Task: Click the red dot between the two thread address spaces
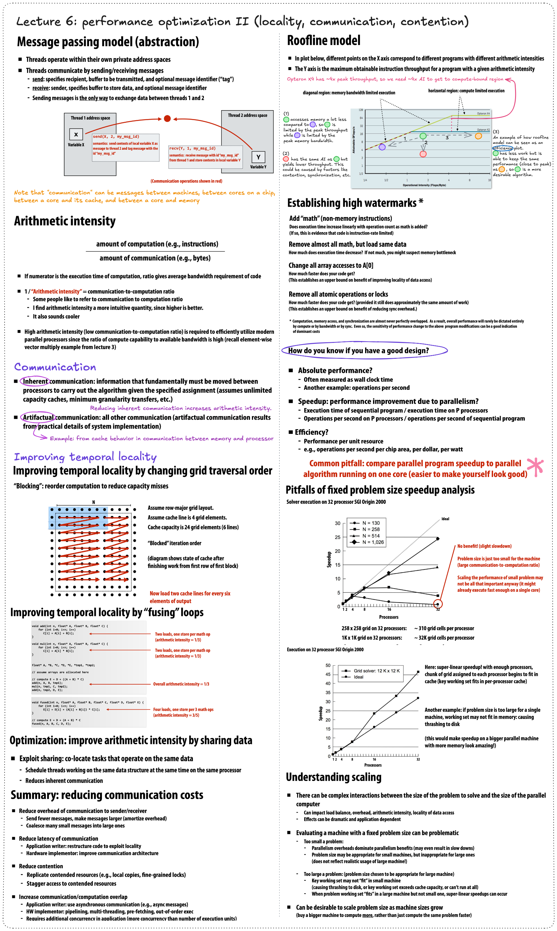click(x=167, y=118)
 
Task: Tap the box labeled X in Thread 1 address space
click(x=76, y=134)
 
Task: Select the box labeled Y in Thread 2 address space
click(x=258, y=157)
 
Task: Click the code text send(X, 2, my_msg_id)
click(x=116, y=137)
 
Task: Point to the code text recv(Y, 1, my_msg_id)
click(x=192, y=148)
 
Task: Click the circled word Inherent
click(x=35, y=381)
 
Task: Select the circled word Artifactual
click(x=38, y=418)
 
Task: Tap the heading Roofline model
click(x=323, y=40)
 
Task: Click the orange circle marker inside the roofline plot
click(x=478, y=136)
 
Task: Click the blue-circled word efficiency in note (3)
click(x=503, y=148)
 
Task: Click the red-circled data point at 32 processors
click(x=438, y=604)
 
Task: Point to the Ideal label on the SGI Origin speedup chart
click(x=445, y=519)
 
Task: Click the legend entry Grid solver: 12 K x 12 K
click(x=376, y=670)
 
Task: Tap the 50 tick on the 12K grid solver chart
click(x=328, y=665)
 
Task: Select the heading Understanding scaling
click(x=333, y=777)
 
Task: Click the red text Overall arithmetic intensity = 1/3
click(x=181, y=684)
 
